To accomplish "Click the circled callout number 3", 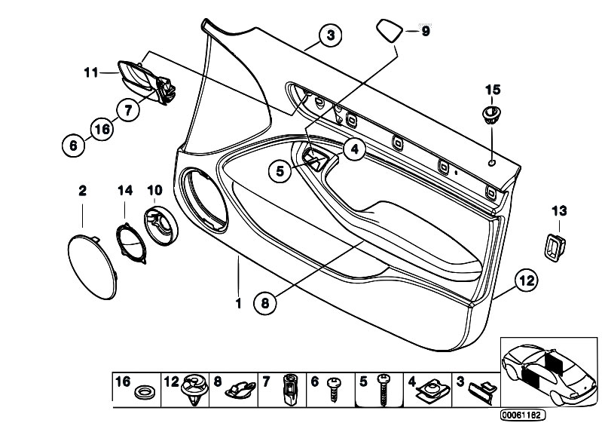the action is coord(331,35).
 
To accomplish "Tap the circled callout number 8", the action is coord(265,303).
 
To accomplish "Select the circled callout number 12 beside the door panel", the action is coord(527,280).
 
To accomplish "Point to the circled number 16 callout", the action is coord(102,129).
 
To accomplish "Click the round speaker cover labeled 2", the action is coord(92,267).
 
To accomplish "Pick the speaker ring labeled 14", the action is coord(131,244).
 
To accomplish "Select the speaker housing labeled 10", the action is coord(161,226).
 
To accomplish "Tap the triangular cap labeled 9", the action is coord(390,30).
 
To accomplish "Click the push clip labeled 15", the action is coord(491,115).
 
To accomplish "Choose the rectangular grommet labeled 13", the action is coord(555,248).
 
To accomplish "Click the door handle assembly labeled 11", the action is coord(147,82).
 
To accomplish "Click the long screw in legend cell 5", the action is coord(382,390).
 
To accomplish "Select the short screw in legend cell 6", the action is coord(333,389).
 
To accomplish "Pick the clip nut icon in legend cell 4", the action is coord(433,391).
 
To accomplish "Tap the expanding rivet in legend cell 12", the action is coord(194,389).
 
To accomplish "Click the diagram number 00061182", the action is coord(523,415).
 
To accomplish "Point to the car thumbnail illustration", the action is coord(549,372).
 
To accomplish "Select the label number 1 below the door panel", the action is coord(238,303).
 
